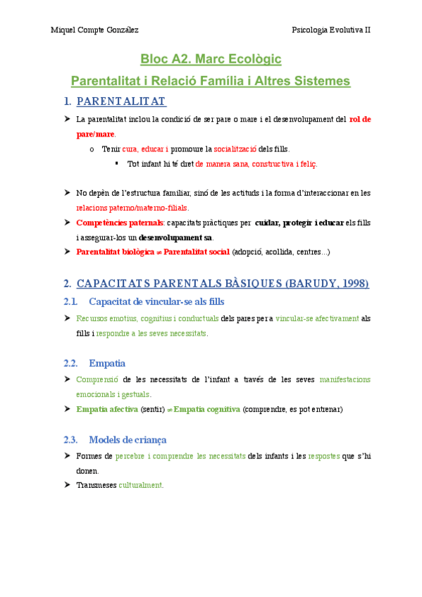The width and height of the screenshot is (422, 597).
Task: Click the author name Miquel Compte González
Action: (94, 30)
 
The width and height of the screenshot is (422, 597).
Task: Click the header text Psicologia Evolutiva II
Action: (331, 30)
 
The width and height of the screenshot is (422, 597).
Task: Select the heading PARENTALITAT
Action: (120, 101)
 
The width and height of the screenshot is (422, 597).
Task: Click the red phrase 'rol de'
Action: (360, 119)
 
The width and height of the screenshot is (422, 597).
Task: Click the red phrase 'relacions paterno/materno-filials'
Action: (132, 208)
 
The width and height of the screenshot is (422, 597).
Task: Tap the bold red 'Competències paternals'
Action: (119, 223)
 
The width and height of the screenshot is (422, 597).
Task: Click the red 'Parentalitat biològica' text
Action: (114, 251)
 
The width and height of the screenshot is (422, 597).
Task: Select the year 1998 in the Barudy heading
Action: (351, 284)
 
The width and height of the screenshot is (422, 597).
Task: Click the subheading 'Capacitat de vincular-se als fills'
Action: (156, 301)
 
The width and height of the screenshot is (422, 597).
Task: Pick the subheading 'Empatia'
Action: (107, 363)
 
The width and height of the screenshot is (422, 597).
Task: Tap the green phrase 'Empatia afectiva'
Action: (106, 409)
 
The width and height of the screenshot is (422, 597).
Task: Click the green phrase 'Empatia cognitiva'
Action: (206, 409)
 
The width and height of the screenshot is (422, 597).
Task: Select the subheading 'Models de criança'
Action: (128, 439)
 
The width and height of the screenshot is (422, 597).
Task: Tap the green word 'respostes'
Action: (328, 456)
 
